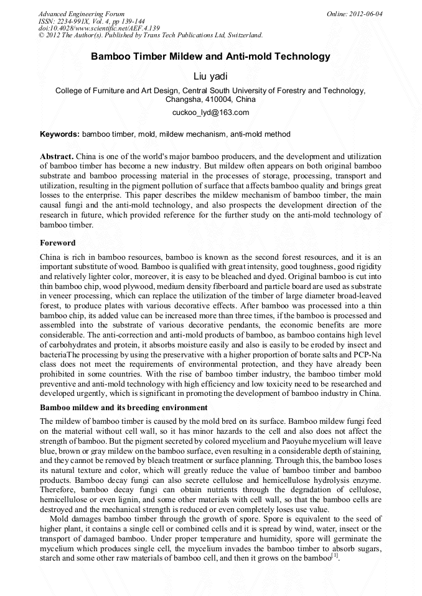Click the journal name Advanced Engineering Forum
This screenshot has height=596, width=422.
pos(81,14)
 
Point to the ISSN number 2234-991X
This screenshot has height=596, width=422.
pos(78,21)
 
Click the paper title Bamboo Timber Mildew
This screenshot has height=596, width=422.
pos(210,57)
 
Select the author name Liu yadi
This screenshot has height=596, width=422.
pos(210,76)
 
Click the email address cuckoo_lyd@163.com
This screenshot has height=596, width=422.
pos(210,112)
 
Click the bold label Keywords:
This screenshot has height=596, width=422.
pos(59,134)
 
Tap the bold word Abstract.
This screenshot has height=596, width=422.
pos(57,156)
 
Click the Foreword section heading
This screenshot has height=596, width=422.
pos(57,243)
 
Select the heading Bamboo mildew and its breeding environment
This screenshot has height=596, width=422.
pos(123,408)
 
